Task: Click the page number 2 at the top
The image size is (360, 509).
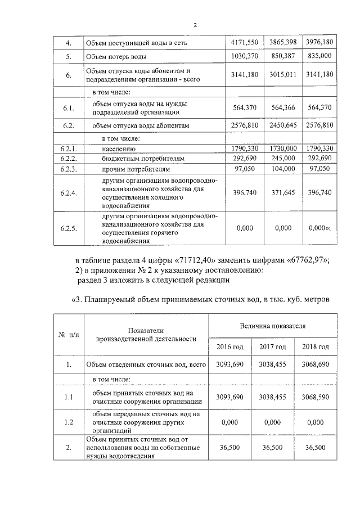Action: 195,25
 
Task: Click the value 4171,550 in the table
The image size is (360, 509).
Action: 245,43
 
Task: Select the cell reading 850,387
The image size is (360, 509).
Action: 282,57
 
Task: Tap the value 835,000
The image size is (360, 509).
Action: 319,57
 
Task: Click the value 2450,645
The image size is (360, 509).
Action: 282,125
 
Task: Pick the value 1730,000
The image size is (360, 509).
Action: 282,148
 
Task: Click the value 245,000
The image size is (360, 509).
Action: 282,159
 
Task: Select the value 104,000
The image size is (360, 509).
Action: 282,169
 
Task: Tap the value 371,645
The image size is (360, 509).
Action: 282,193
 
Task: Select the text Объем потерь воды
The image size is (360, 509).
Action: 115,57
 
